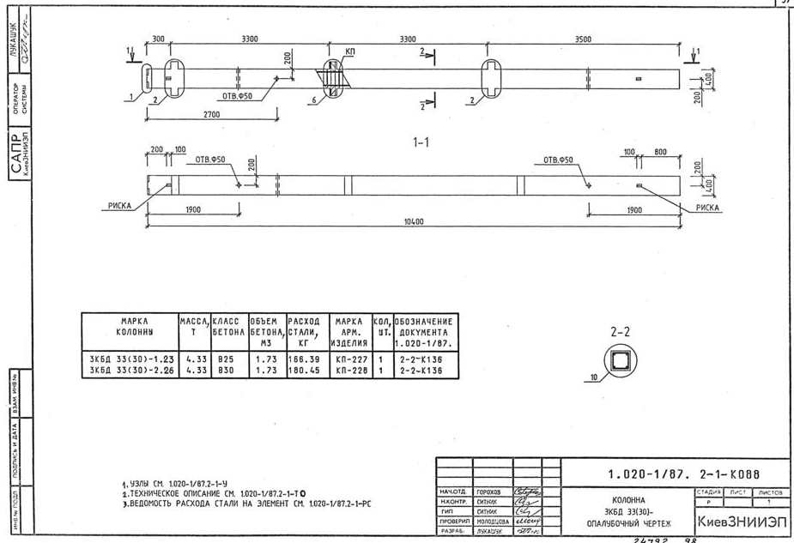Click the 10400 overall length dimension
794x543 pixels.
pyautogui.click(x=413, y=221)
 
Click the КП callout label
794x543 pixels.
pyautogui.click(x=349, y=52)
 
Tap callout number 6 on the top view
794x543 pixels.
pyautogui.click(x=316, y=100)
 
